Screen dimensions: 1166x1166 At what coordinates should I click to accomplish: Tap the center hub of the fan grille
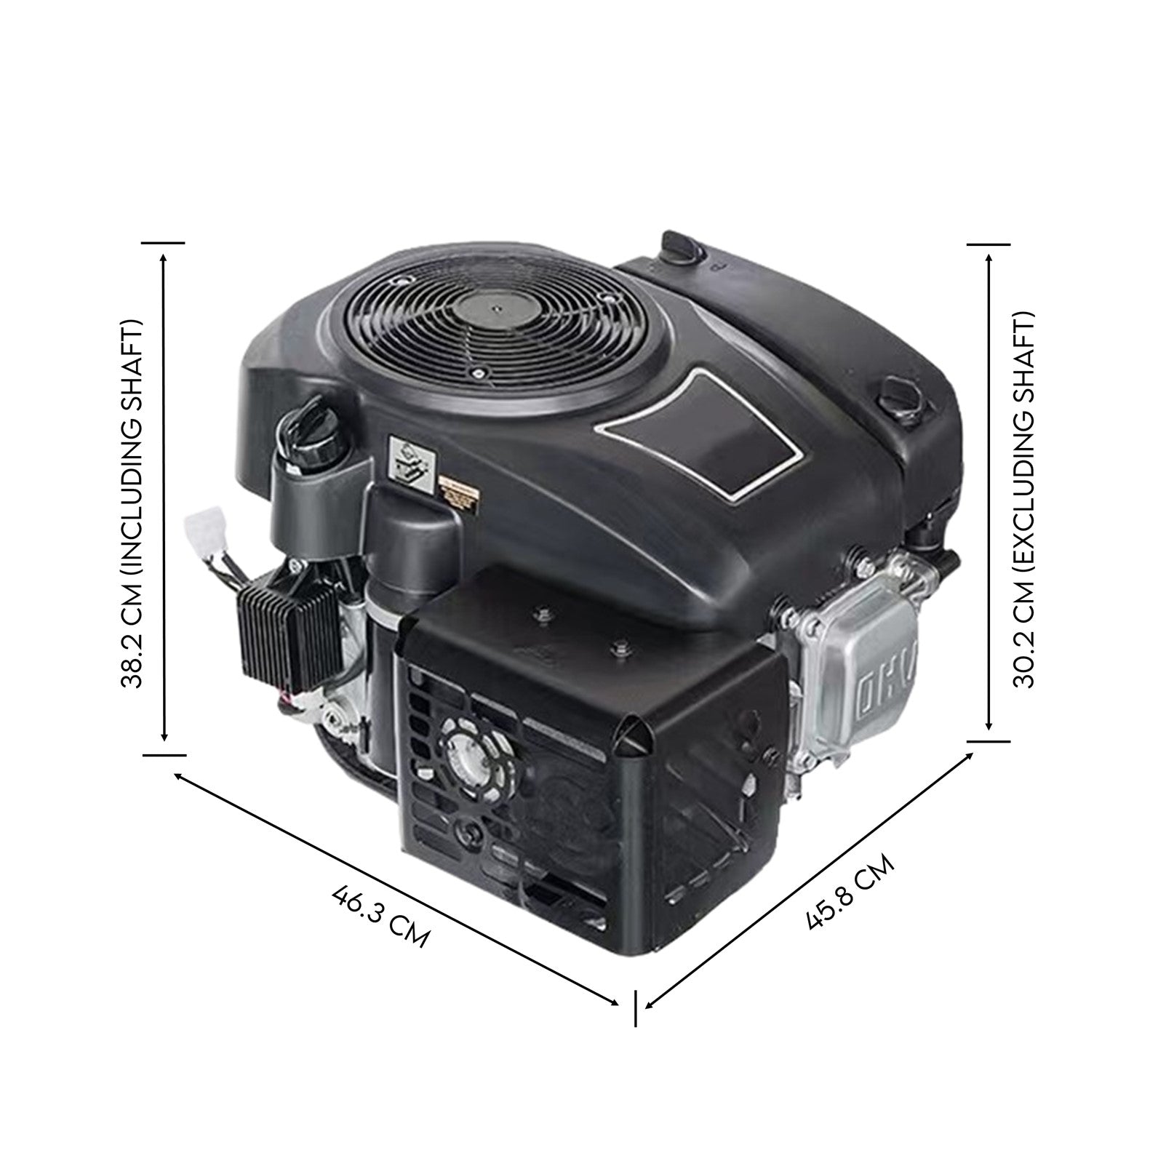tap(494, 308)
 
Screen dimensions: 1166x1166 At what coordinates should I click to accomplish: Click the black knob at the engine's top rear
tap(682, 247)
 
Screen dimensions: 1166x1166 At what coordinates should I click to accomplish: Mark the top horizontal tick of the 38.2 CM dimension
tap(164, 243)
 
